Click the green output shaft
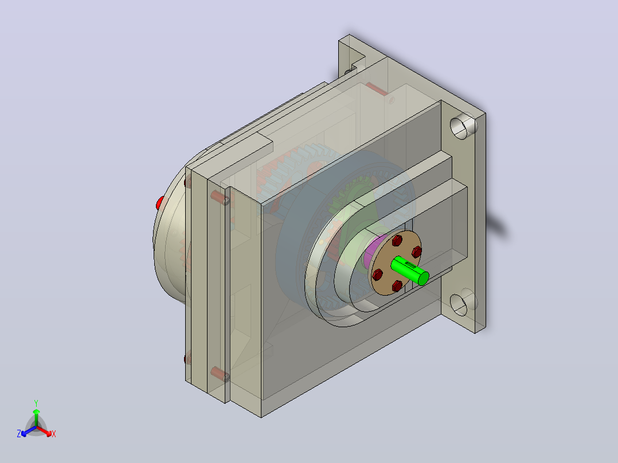pyautogui.click(x=410, y=270)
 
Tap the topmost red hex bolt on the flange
pyautogui.click(x=397, y=240)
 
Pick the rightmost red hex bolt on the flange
pyautogui.click(x=417, y=252)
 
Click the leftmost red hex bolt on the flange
pyautogui.click(x=378, y=274)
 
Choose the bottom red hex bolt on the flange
pyautogui.click(x=397, y=286)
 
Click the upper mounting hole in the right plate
pyautogui.click(x=463, y=125)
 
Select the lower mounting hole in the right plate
pyautogui.click(x=463, y=303)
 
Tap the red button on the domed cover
pyautogui.click(x=159, y=203)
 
